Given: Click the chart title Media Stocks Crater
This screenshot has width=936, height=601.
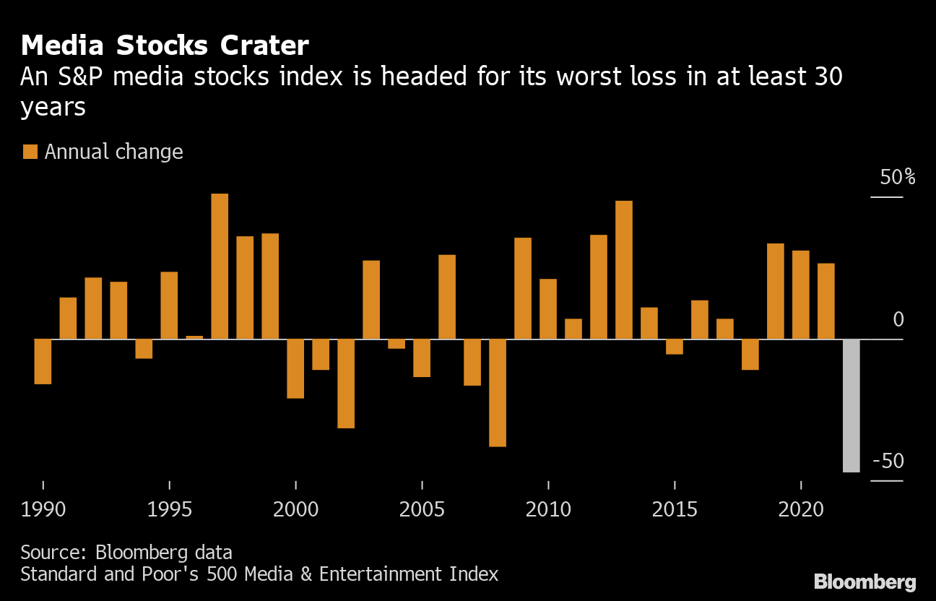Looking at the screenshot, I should [165, 46].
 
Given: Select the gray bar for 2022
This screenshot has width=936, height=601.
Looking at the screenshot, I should [851, 405].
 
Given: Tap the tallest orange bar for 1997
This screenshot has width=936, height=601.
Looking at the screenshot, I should [220, 266].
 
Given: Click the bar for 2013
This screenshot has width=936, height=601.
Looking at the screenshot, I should [624, 269].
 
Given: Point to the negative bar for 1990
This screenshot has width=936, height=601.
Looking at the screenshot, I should [43, 361].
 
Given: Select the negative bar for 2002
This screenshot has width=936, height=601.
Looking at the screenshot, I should [346, 383].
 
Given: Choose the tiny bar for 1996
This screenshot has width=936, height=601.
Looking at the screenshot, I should [194, 337].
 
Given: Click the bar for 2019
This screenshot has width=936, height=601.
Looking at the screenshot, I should [776, 291].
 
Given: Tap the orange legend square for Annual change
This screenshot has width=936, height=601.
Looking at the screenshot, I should [30, 152].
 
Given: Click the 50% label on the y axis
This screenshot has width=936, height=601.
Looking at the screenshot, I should [897, 177].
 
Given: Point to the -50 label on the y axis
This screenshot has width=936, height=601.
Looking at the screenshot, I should [888, 461].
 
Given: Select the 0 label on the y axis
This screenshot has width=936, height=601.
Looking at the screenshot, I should [898, 319].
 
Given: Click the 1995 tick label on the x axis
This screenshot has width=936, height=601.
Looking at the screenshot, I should [170, 509].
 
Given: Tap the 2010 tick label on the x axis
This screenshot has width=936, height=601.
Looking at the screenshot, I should [548, 509].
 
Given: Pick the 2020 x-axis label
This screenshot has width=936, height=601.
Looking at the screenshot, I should [801, 509].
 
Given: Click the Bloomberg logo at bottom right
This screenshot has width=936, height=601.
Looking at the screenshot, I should [864, 582].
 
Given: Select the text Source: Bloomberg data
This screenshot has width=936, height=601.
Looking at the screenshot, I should [126, 553].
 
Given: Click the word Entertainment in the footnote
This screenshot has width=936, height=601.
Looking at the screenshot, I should [375, 575].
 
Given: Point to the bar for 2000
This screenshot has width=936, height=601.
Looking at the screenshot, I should [295, 368].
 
